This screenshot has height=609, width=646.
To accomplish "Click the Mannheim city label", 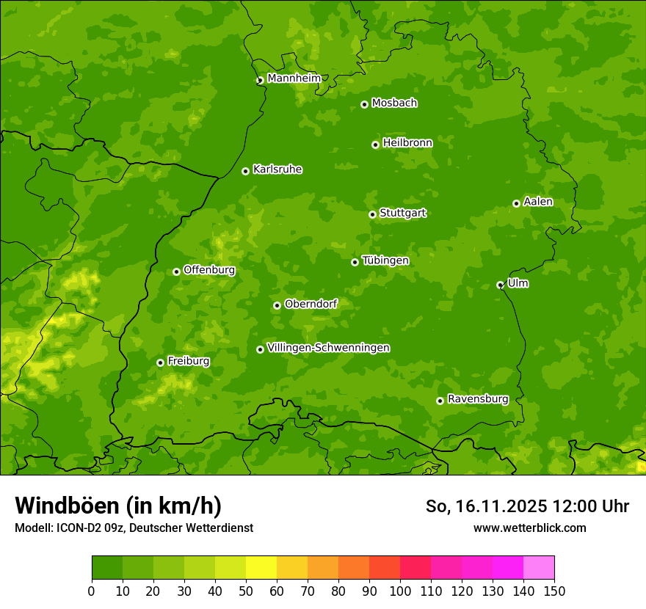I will click(x=294, y=78).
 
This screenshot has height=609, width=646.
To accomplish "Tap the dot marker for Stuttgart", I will click(x=372, y=214).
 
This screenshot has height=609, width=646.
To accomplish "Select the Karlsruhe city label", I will click(x=277, y=169).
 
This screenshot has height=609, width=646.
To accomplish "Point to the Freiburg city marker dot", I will click(x=160, y=362).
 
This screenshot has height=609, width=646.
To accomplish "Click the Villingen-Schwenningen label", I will click(x=328, y=348).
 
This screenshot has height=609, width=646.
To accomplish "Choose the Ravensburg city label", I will click(x=477, y=399).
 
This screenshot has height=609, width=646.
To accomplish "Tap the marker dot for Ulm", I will click(x=500, y=285).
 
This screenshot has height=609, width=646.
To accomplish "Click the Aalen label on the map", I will click(x=538, y=202).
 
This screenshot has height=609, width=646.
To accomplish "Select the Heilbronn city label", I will click(x=407, y=143).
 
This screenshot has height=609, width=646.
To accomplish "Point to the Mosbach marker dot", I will click(x=364, y=104).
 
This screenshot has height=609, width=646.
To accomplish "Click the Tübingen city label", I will click(x=385, y=260).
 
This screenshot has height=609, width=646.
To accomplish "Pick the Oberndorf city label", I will click(x=311, y=304).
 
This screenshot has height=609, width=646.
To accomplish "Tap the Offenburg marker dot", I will click(x=176, y=271).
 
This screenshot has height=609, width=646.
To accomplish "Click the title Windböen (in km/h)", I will click(x=118, y=506).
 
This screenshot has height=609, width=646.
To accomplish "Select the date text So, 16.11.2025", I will click(x=485, y=506).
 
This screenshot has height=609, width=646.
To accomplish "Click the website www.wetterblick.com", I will click(x=529, y=528).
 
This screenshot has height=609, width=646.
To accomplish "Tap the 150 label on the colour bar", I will click(x=554, y=591).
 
